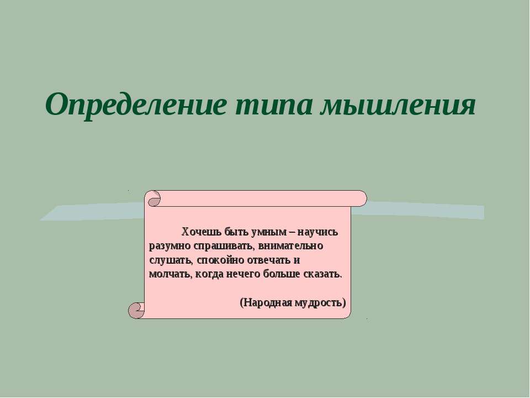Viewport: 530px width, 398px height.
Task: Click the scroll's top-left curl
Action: (153, 198)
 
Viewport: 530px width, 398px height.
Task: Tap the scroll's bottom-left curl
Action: (136, 311)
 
